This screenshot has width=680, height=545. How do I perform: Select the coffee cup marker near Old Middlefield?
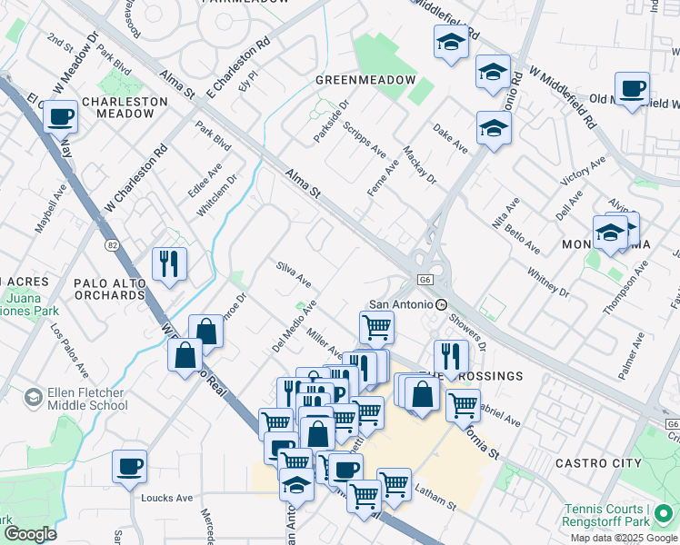click(632, 89)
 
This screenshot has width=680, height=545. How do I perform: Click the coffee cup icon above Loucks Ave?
click(129, 466)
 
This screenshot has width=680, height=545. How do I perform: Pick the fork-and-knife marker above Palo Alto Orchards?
click(169, 264)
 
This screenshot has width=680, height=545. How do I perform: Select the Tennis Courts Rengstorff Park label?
click(619, 515)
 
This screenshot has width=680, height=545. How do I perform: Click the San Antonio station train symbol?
click(441, 304)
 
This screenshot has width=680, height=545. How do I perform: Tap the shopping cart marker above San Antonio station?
click(376, 326)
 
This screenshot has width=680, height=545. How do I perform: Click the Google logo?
click(29, 534)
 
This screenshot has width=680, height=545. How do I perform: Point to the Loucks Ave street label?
click(167, 498)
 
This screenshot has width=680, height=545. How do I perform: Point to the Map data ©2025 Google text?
click(623, 538)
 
